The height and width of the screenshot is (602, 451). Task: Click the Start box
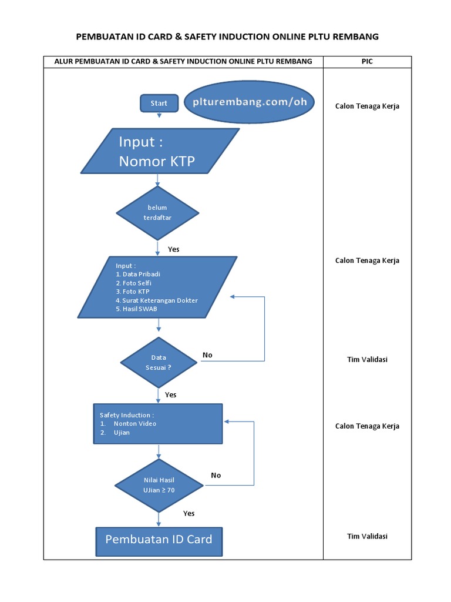[159, 103]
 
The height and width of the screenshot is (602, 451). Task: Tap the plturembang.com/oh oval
[250, 101]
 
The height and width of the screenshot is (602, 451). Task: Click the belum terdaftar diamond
[157, 213]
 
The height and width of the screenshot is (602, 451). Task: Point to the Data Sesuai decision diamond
[159, 362]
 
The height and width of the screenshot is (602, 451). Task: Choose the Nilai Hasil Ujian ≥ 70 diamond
[159, 485]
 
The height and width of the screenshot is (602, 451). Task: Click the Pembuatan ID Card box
[159, 540]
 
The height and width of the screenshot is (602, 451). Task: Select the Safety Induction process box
[158, 423]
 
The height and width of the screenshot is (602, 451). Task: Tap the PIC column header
[368, 62]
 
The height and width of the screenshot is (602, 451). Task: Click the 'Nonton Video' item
[135, 423]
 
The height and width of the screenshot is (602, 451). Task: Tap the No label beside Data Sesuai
[207, 355]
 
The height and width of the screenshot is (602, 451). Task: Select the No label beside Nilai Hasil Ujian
[216, 475]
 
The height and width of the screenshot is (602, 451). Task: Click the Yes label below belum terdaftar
[173, 249]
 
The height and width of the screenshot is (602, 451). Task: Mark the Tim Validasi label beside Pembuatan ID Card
[367, 536]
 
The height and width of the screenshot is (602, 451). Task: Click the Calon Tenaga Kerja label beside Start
[367, 106]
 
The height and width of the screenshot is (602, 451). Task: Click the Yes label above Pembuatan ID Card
[189, 513]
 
